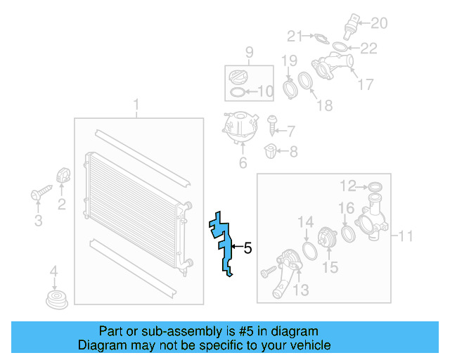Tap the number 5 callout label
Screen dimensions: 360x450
click(x=247, y=247)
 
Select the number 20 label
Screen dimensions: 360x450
click(x=379, y=23)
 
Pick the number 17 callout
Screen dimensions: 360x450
click(x=366, y=85)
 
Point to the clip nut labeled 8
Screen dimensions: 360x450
click(x=273, y=150)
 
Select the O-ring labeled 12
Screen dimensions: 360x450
click(x=375, y=186)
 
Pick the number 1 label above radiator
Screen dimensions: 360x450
click(x=136, y=106)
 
